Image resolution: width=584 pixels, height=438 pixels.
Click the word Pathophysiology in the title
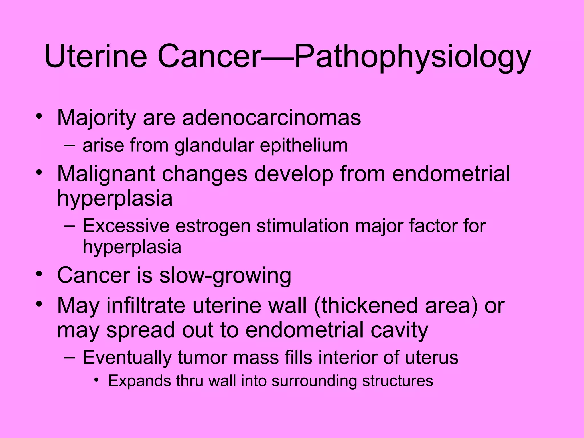pyautogui.click(x=412, y=57)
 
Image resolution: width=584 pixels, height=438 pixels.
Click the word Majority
pyautogui.click(x=96, y=118)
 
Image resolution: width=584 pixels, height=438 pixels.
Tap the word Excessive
pyautogui.click(x=126, y=226)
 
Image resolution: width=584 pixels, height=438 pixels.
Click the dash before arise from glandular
pyautogui.click(x=70, y=145)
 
